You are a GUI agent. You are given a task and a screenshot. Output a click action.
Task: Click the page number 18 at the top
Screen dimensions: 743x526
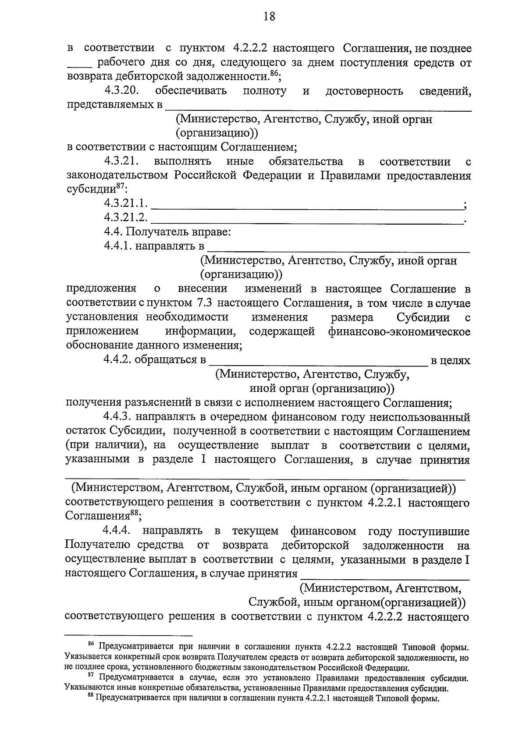pos(269,17)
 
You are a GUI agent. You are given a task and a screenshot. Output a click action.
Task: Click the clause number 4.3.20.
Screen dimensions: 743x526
pos(121,91)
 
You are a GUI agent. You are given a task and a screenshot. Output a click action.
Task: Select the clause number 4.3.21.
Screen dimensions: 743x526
pos(121,162)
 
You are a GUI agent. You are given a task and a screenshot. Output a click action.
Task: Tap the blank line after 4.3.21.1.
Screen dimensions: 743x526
pos(307,205)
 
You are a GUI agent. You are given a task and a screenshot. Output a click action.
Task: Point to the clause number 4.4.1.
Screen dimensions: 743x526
pos(118,246)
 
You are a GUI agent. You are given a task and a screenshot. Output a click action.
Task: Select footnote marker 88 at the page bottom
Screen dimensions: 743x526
pos(91,697)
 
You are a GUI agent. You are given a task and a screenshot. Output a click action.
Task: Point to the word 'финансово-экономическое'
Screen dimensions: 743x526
pos(399,331)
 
